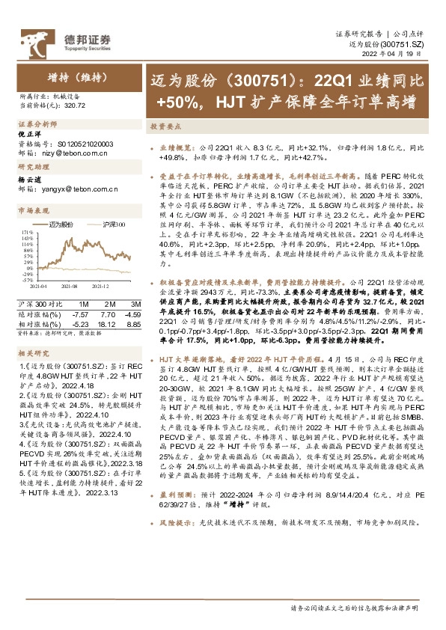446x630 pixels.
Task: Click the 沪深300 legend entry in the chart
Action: coord(113,224)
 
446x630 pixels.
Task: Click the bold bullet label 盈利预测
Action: coord(173,536)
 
